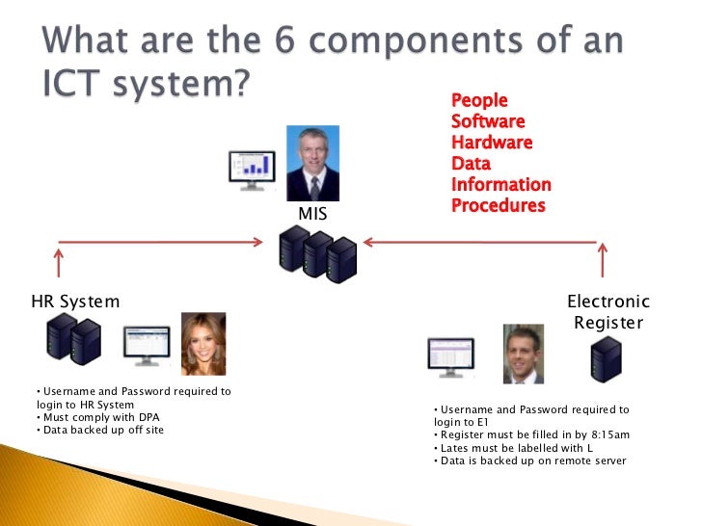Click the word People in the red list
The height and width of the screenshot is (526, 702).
[x=479, y=100]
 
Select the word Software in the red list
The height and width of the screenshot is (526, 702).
[x=488, y=121]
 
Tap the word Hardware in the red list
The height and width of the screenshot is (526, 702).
[x=492, y=143]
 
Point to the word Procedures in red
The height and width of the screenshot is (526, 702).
[x=498, y=206]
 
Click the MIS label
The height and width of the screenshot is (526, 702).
[x=312, y=212]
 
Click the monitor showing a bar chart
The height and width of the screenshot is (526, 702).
[x=252, y=171]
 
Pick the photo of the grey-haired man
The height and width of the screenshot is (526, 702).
[x=312, y=163]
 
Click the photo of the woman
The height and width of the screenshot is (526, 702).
[x=203, y=343]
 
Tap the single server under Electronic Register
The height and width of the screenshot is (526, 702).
[x=607, y=358]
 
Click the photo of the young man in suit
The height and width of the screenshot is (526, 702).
[x=524, y=354]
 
